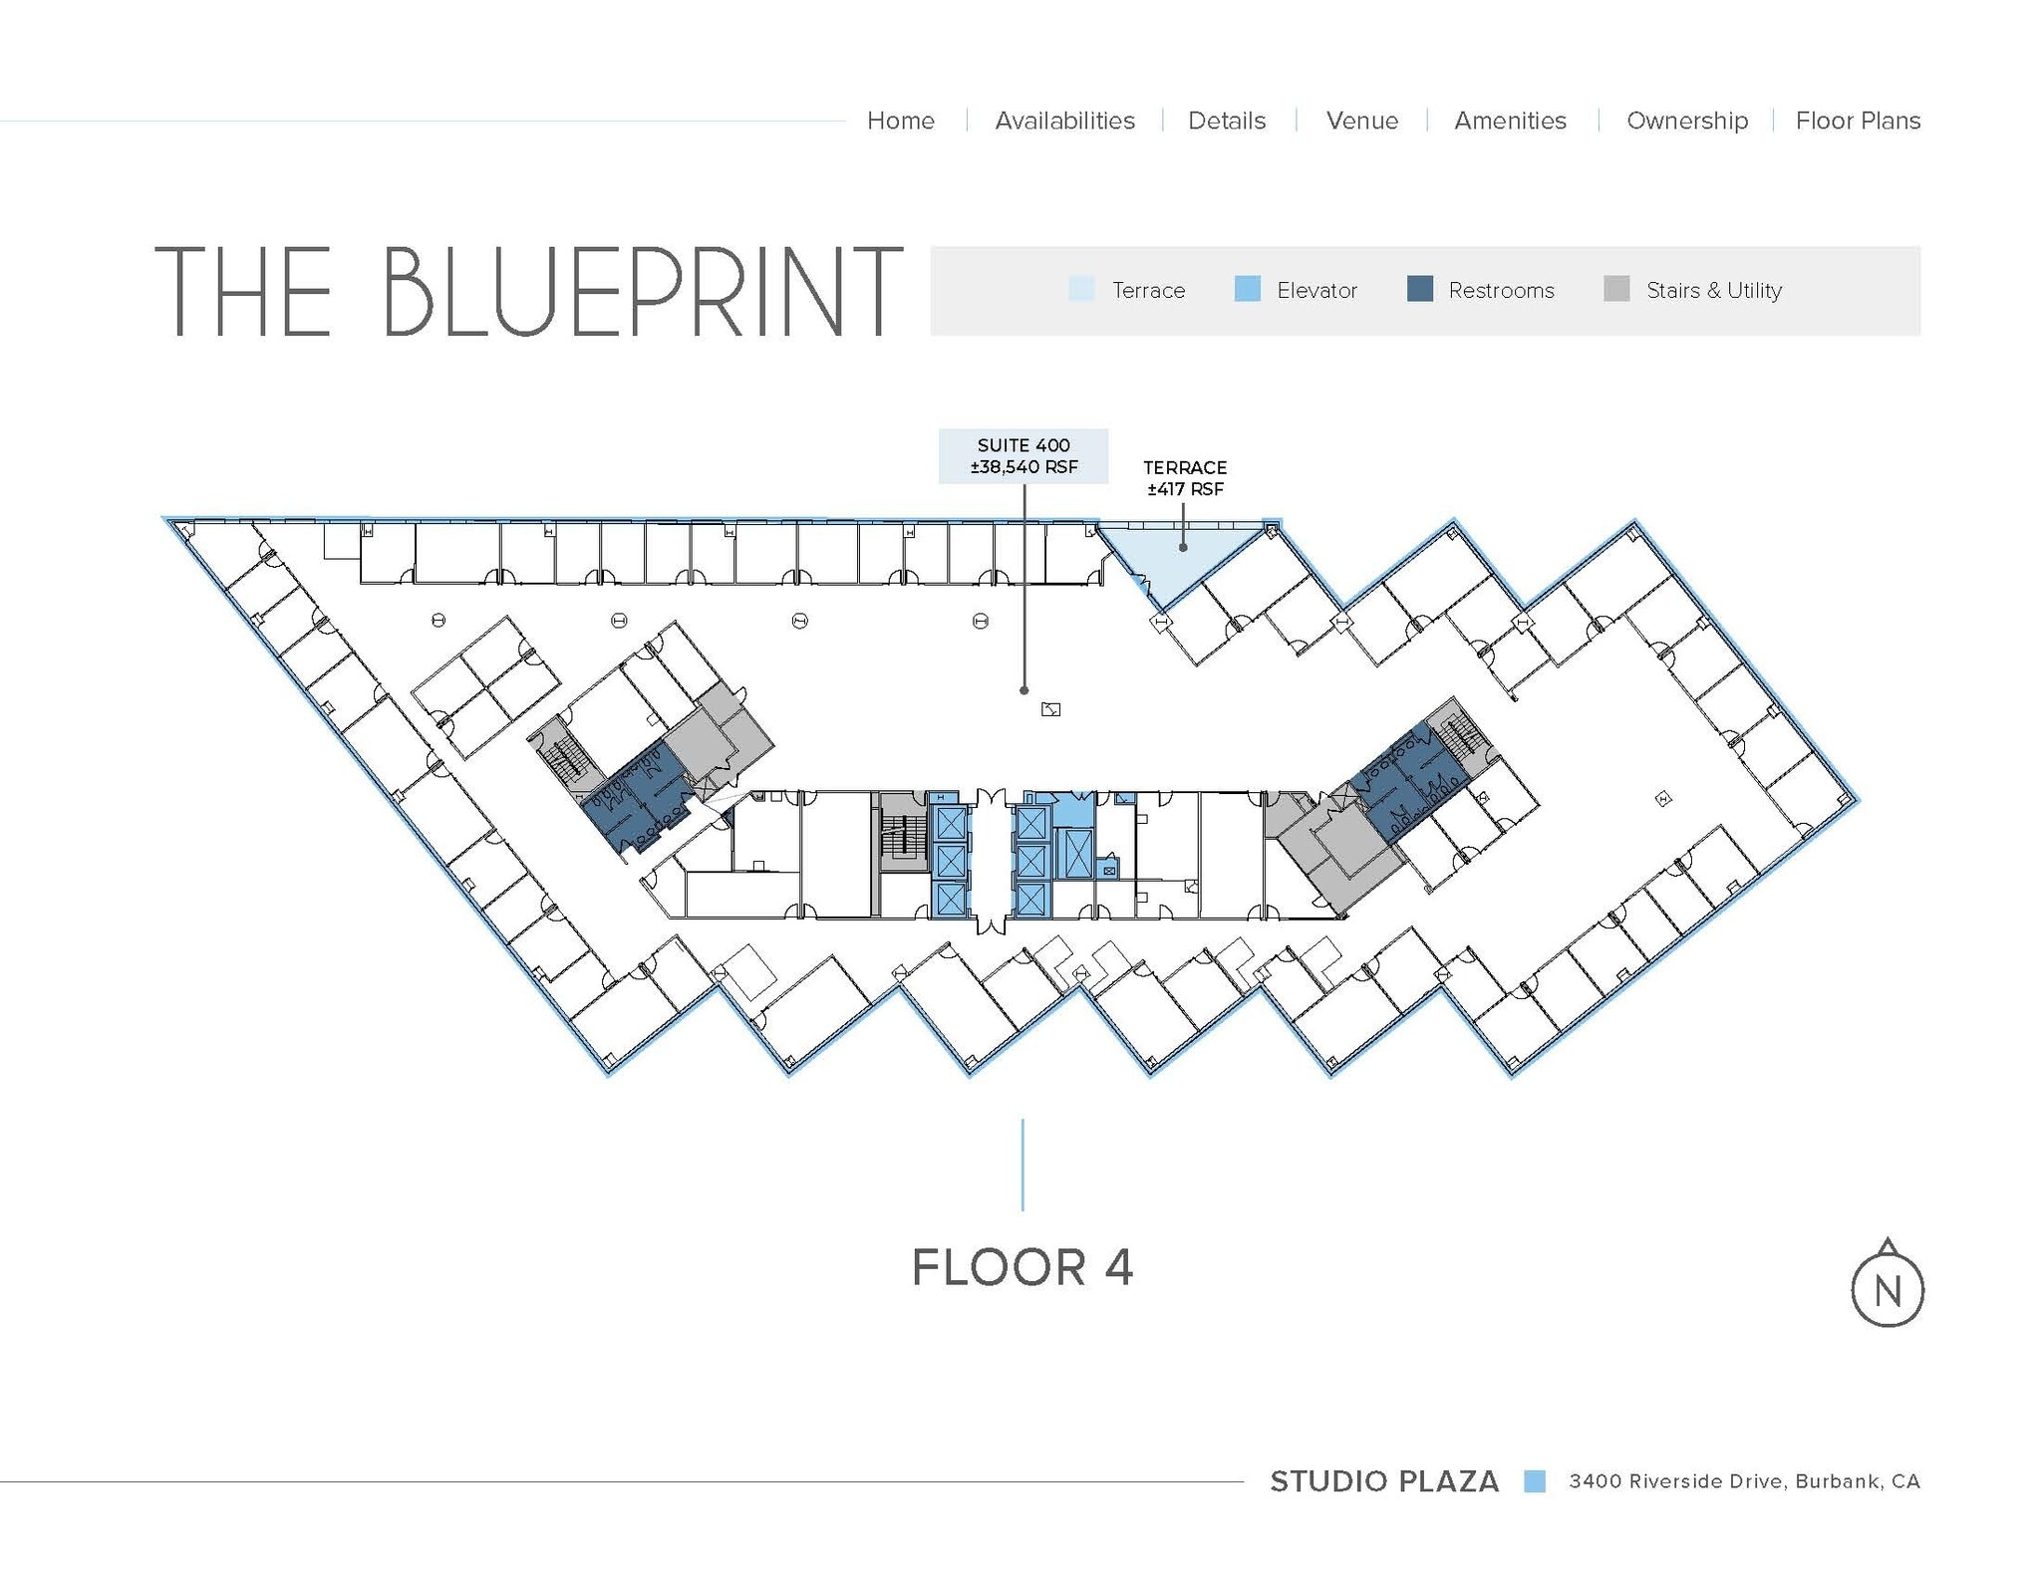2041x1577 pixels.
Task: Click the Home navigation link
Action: coord(900,121)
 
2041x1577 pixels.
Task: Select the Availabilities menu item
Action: coord(1064,121)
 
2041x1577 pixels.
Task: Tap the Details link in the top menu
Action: coord(1226,121)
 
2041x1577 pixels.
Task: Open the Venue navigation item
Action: coord(1361,121)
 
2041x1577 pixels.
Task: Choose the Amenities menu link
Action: coord(1510,121)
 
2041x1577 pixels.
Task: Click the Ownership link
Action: coord(1686,121)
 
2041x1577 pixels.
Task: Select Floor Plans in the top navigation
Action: coord(1858,121)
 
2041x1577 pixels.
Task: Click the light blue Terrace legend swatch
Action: coord(1080,289)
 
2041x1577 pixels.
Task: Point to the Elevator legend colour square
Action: coord(1247,289)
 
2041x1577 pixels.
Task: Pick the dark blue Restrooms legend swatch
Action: coord(1419,289)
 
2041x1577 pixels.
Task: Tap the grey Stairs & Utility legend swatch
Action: coord(1616,289)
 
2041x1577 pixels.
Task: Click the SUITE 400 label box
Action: coord(1023,456)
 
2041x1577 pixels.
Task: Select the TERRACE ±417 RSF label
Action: coord(1184,478)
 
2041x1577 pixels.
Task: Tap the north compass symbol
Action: coord(1887,1288)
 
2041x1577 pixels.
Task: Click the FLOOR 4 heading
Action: coord(1022,1267)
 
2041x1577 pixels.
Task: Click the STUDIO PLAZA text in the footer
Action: coord(1383,1481)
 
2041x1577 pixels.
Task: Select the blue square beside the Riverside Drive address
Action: coord(1534,1481)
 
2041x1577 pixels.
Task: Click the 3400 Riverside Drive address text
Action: coord(1743,1481)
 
